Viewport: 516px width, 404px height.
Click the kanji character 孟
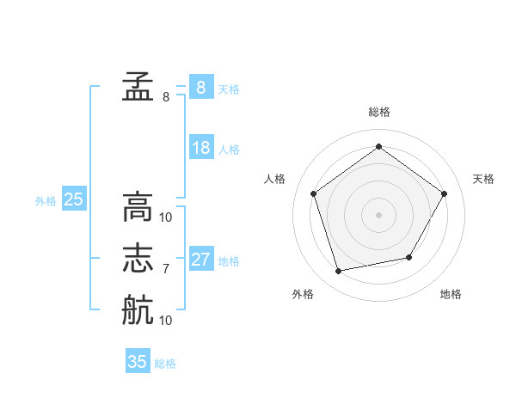point(137,86)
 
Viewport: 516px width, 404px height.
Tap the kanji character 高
point(137,206)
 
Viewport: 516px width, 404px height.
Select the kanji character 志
point(137,258)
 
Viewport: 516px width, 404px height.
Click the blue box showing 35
point(138,362)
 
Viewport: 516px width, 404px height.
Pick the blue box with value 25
point(74,200)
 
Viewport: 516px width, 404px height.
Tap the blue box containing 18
point(201,148)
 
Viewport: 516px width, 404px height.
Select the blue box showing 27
point(201,260)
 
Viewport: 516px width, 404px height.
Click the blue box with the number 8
point(201,88)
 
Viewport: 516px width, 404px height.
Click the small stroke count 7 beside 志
point(166,269)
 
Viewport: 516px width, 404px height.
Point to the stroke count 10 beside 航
point(166,321)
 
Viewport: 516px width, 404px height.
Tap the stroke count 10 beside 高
point(166,217)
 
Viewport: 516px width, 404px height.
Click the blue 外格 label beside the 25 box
point(46,201)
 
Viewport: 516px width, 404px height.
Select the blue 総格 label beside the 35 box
point(165,364)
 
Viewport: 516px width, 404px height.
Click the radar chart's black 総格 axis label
point(378,112)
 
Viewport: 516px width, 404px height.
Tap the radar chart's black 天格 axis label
point(483,179)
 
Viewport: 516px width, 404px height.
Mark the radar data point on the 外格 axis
point(339,272)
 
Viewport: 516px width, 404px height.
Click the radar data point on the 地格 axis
point(409,257)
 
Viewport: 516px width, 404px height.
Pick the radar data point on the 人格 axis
point(313,193)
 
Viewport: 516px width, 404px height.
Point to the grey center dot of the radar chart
point(378,214)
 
